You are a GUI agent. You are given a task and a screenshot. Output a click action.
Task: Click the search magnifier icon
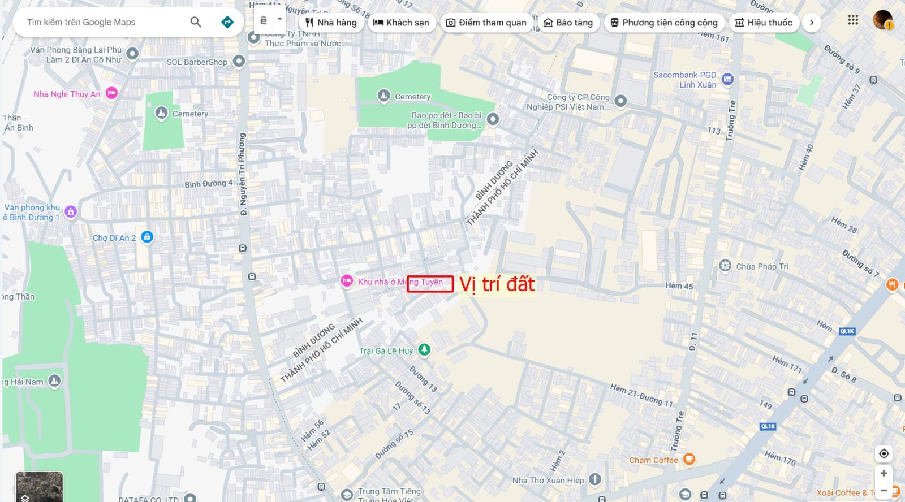pos(196,22)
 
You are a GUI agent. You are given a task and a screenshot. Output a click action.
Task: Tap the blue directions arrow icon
pos(227,22)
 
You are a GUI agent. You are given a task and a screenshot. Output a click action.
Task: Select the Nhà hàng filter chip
pos(331,23)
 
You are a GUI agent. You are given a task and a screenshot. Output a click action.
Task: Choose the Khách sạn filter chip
pos(402,23)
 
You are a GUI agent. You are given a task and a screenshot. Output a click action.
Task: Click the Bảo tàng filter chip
pos(568,23)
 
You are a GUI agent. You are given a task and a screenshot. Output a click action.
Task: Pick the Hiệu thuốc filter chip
pos(764,23)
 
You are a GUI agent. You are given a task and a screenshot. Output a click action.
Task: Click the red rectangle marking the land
pos(430,284)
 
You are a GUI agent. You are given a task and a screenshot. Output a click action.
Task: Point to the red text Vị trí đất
pos(497,284)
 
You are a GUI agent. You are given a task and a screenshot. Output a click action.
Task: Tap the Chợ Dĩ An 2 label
pos(114,238)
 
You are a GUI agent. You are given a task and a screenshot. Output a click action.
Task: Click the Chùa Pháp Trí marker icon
pos(725,266)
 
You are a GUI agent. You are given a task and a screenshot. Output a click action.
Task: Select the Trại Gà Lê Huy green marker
pos(424,350)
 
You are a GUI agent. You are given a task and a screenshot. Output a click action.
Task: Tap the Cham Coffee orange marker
pos(689,459)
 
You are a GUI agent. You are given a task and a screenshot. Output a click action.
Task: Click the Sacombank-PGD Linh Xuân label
pos(684,80)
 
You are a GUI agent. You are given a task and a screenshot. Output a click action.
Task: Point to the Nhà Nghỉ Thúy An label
pos(67,94)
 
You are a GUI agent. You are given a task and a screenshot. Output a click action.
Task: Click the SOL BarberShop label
pos(197,62)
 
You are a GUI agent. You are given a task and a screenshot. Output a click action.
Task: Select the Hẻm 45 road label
pos(679,286)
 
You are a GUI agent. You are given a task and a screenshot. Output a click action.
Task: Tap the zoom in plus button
pos(884,473)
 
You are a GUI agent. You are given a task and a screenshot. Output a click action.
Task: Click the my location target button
pos(884,453)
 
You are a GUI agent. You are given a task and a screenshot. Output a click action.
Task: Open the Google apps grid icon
pos(853,20)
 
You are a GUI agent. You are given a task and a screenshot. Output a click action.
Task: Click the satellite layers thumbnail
pos(39,487)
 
